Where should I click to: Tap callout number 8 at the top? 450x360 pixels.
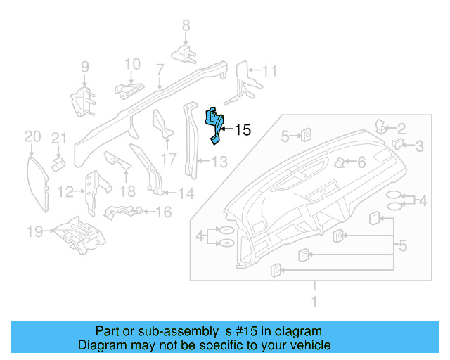click(x=186, y=25)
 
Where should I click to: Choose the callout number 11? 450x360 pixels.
click(x=271, y=71)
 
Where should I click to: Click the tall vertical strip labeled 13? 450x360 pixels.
click(x=189, y=141)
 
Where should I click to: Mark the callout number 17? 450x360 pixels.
click(x=169, y=157)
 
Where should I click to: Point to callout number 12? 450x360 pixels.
click(x=65, y=191)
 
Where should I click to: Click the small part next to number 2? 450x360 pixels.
click(x=382, y=127)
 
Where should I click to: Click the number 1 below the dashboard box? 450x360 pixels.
click(x=314, y=302)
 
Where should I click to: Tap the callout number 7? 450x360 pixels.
click(x=160, y=70)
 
